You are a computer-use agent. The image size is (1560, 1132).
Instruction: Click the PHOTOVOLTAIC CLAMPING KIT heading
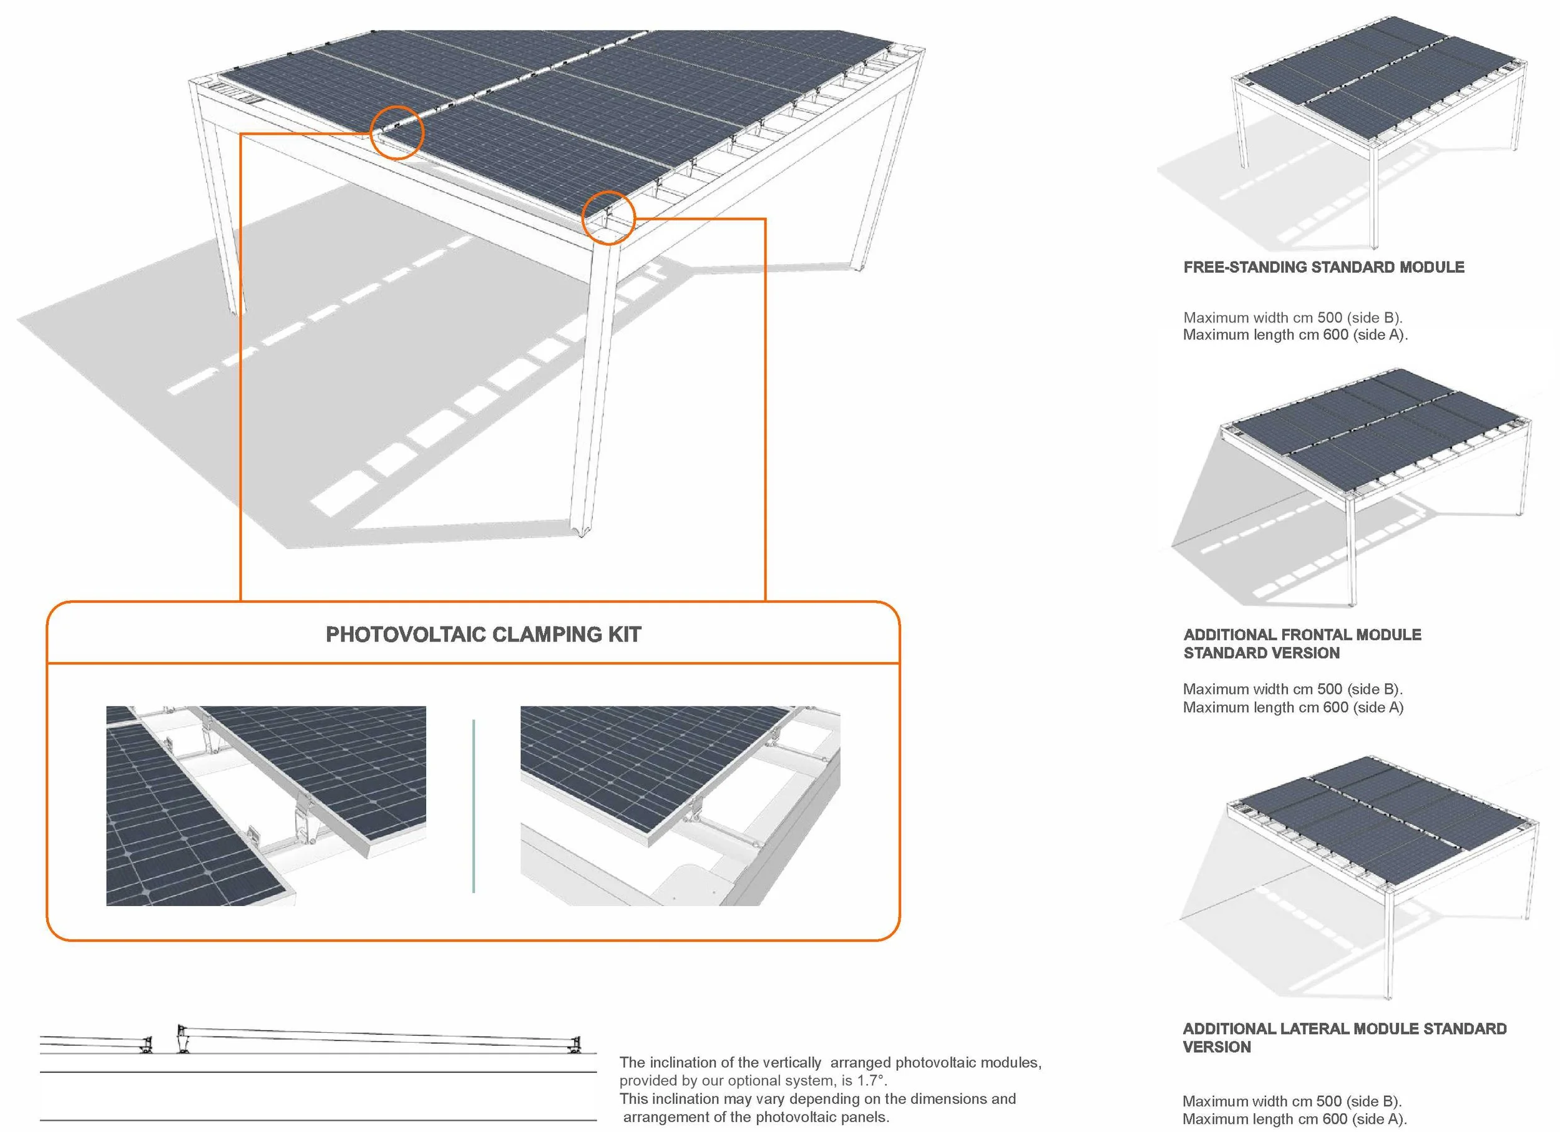tap(483, 634)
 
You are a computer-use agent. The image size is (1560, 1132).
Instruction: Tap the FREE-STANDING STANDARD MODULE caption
tap(1324, 267)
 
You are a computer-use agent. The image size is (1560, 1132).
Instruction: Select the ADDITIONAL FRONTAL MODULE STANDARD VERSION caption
tap(1302, 644)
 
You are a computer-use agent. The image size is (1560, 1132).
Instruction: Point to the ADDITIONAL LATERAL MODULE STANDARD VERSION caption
tap(1344, 1038)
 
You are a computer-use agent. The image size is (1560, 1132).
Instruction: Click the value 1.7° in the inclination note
tap(869, 1080)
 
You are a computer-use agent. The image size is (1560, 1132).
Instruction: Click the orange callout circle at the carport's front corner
tap(608, 218)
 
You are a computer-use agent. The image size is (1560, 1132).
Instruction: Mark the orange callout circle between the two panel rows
tap(397, 133)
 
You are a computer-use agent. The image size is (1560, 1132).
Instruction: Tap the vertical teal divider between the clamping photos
tap(474, 806)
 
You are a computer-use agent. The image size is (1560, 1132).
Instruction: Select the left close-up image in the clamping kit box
tap(266, 806)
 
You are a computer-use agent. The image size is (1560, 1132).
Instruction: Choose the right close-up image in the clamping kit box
tap(680, 806)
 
